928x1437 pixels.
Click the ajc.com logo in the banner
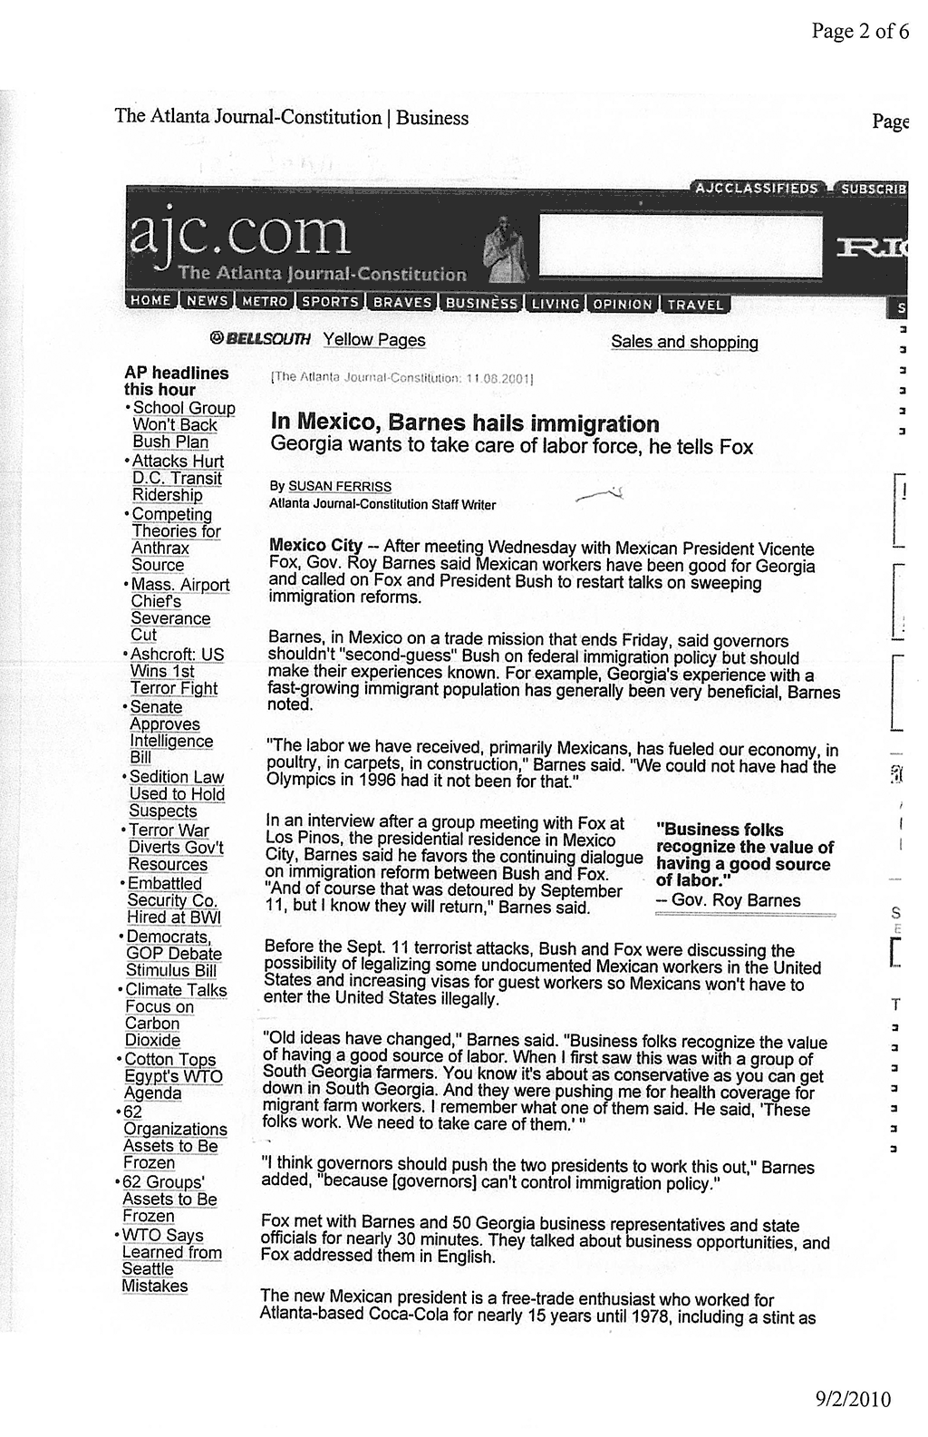click(x=239, y=237)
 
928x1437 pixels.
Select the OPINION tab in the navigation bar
click(x=622, y=305)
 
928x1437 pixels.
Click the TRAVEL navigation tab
click(x=695, y=306)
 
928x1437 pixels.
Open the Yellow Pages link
click(x=373, y=340)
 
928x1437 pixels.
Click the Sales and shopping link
click(x=684, y=342)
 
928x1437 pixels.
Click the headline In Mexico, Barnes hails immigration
click(x=465, y=423)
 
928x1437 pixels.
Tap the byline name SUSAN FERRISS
click(x=339, y=487)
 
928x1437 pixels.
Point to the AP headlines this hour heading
click(x=176, y=381)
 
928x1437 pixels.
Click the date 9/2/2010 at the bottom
click(x=849, y=1399)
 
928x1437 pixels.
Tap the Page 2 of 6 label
click(x=859, y=32)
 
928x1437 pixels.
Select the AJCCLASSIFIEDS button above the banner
click(x=756, y=189)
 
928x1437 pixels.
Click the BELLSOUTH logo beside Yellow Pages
click(x=259, y=339)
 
